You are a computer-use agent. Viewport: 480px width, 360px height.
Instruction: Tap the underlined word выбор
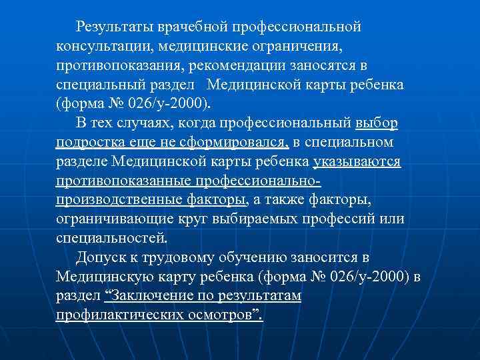pos(377,124)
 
